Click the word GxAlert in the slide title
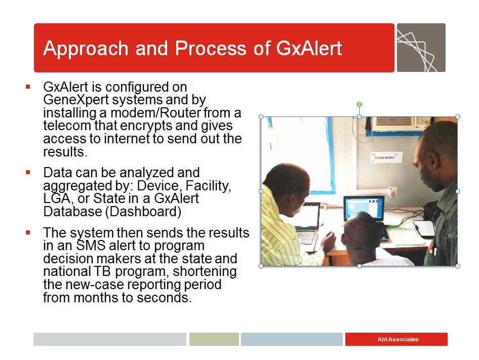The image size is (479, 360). point(309,49)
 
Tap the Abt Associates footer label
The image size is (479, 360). point(397,339)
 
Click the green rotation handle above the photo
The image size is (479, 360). point(360,105)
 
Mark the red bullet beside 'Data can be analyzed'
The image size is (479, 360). point(28,173)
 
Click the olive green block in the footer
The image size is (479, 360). point(214,339)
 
